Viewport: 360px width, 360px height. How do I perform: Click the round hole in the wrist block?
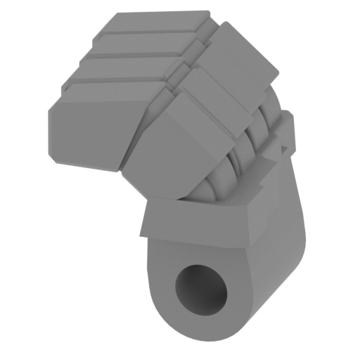(x=202, y=288)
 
